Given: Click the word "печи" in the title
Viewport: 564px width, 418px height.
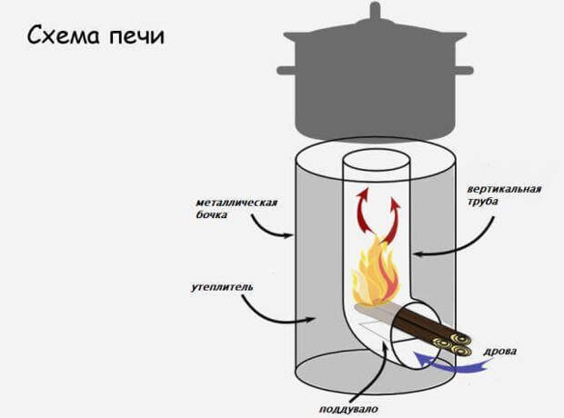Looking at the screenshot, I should pos(136,38).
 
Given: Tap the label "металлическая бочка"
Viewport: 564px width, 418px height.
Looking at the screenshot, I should pos(235,208).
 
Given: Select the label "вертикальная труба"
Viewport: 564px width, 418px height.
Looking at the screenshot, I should pos(504,196).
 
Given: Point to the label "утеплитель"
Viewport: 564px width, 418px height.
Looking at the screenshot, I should pos(223,287).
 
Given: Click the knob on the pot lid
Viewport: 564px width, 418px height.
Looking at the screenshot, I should pos(374,14).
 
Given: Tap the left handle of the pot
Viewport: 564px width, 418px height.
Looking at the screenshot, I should pos(286,70).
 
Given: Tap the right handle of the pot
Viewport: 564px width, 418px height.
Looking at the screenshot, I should pos(462,70).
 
